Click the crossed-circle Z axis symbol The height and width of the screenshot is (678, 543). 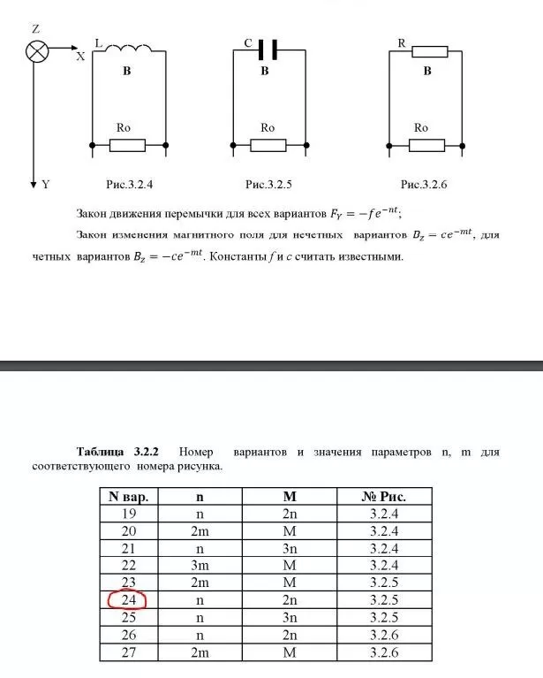coord(36,51)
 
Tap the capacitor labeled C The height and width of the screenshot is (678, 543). coord(268,50)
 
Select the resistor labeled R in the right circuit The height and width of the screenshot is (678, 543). coord(427,51)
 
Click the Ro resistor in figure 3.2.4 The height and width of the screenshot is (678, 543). coord(129,144)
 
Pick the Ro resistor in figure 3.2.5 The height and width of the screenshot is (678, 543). coord(268,144)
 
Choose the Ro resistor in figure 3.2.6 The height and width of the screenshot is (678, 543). coord(427,144)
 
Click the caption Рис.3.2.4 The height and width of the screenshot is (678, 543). coord(130,185)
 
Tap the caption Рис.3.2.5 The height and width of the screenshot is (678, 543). coord(268,185)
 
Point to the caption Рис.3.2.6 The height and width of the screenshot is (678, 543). coord(425,185)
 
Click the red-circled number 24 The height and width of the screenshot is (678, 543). coord(128,600)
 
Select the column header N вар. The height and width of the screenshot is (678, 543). coord(128,496)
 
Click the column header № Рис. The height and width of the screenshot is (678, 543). coord(381,496)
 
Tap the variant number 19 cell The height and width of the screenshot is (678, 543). coord(128,514)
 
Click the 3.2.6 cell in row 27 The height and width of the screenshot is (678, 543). coord(381,652)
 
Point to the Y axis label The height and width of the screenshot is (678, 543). coord(46,185)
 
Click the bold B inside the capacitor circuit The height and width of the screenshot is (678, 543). coord(264,71)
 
